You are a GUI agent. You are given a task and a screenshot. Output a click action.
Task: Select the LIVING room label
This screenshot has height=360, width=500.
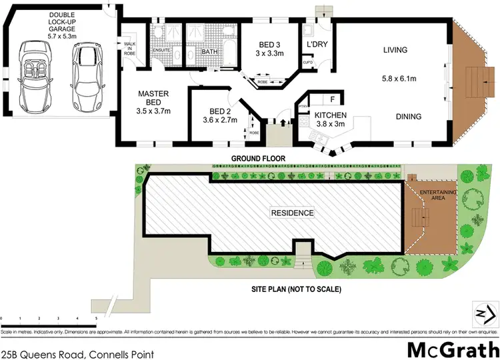click(x=395, y=50)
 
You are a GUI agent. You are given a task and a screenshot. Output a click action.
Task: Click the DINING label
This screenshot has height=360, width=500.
click(x=408, y=117)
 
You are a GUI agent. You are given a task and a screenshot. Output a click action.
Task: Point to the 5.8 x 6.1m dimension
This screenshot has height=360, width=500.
click(x=399, y=79)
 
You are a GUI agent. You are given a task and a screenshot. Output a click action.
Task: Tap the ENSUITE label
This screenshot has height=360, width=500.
click(x=162, y=50)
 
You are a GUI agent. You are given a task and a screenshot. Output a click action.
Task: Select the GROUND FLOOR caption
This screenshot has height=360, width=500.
click(x=258, y=159)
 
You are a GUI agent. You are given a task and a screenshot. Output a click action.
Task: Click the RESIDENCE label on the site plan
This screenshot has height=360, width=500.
click(x=291, y=213)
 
